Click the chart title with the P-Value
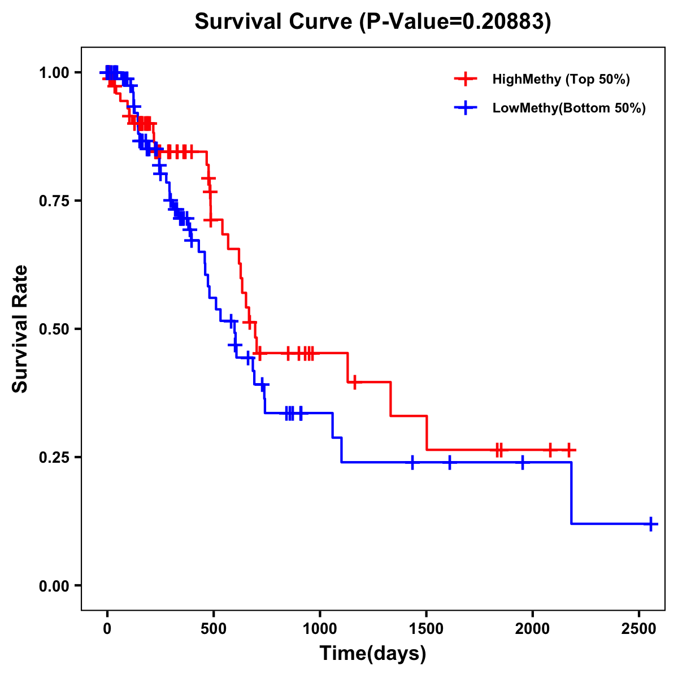pyautogui.click(x=372, y=21)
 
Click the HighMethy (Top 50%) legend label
pyautogui.click(x=560, y=79)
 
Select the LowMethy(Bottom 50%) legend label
pyautogui.click(x=568, y=108)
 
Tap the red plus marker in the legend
pyautogui.click(x=466, y=79)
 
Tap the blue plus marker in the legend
pyautogui.click(x=466, y=108)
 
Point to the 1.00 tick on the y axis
pyautogui.click(x=54, y=72)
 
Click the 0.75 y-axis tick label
pyautogui.click(x=54, y=201)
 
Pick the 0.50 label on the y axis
pyautogui.click(x=54, y=329)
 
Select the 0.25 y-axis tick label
pyautogui.click(x=54, y=457)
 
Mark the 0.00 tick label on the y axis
pyautogui.click(x=54, y=585)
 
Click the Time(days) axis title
pyautogui.click(x=373, y=654)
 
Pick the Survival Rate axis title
pyautogui.click(x=20, y=329)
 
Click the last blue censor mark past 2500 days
pyautogui.click(x=651, y=524)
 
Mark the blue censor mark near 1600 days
pyautogui.click(x=450, y=462)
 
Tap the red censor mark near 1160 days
pyautogui.click(x=354, y=382)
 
